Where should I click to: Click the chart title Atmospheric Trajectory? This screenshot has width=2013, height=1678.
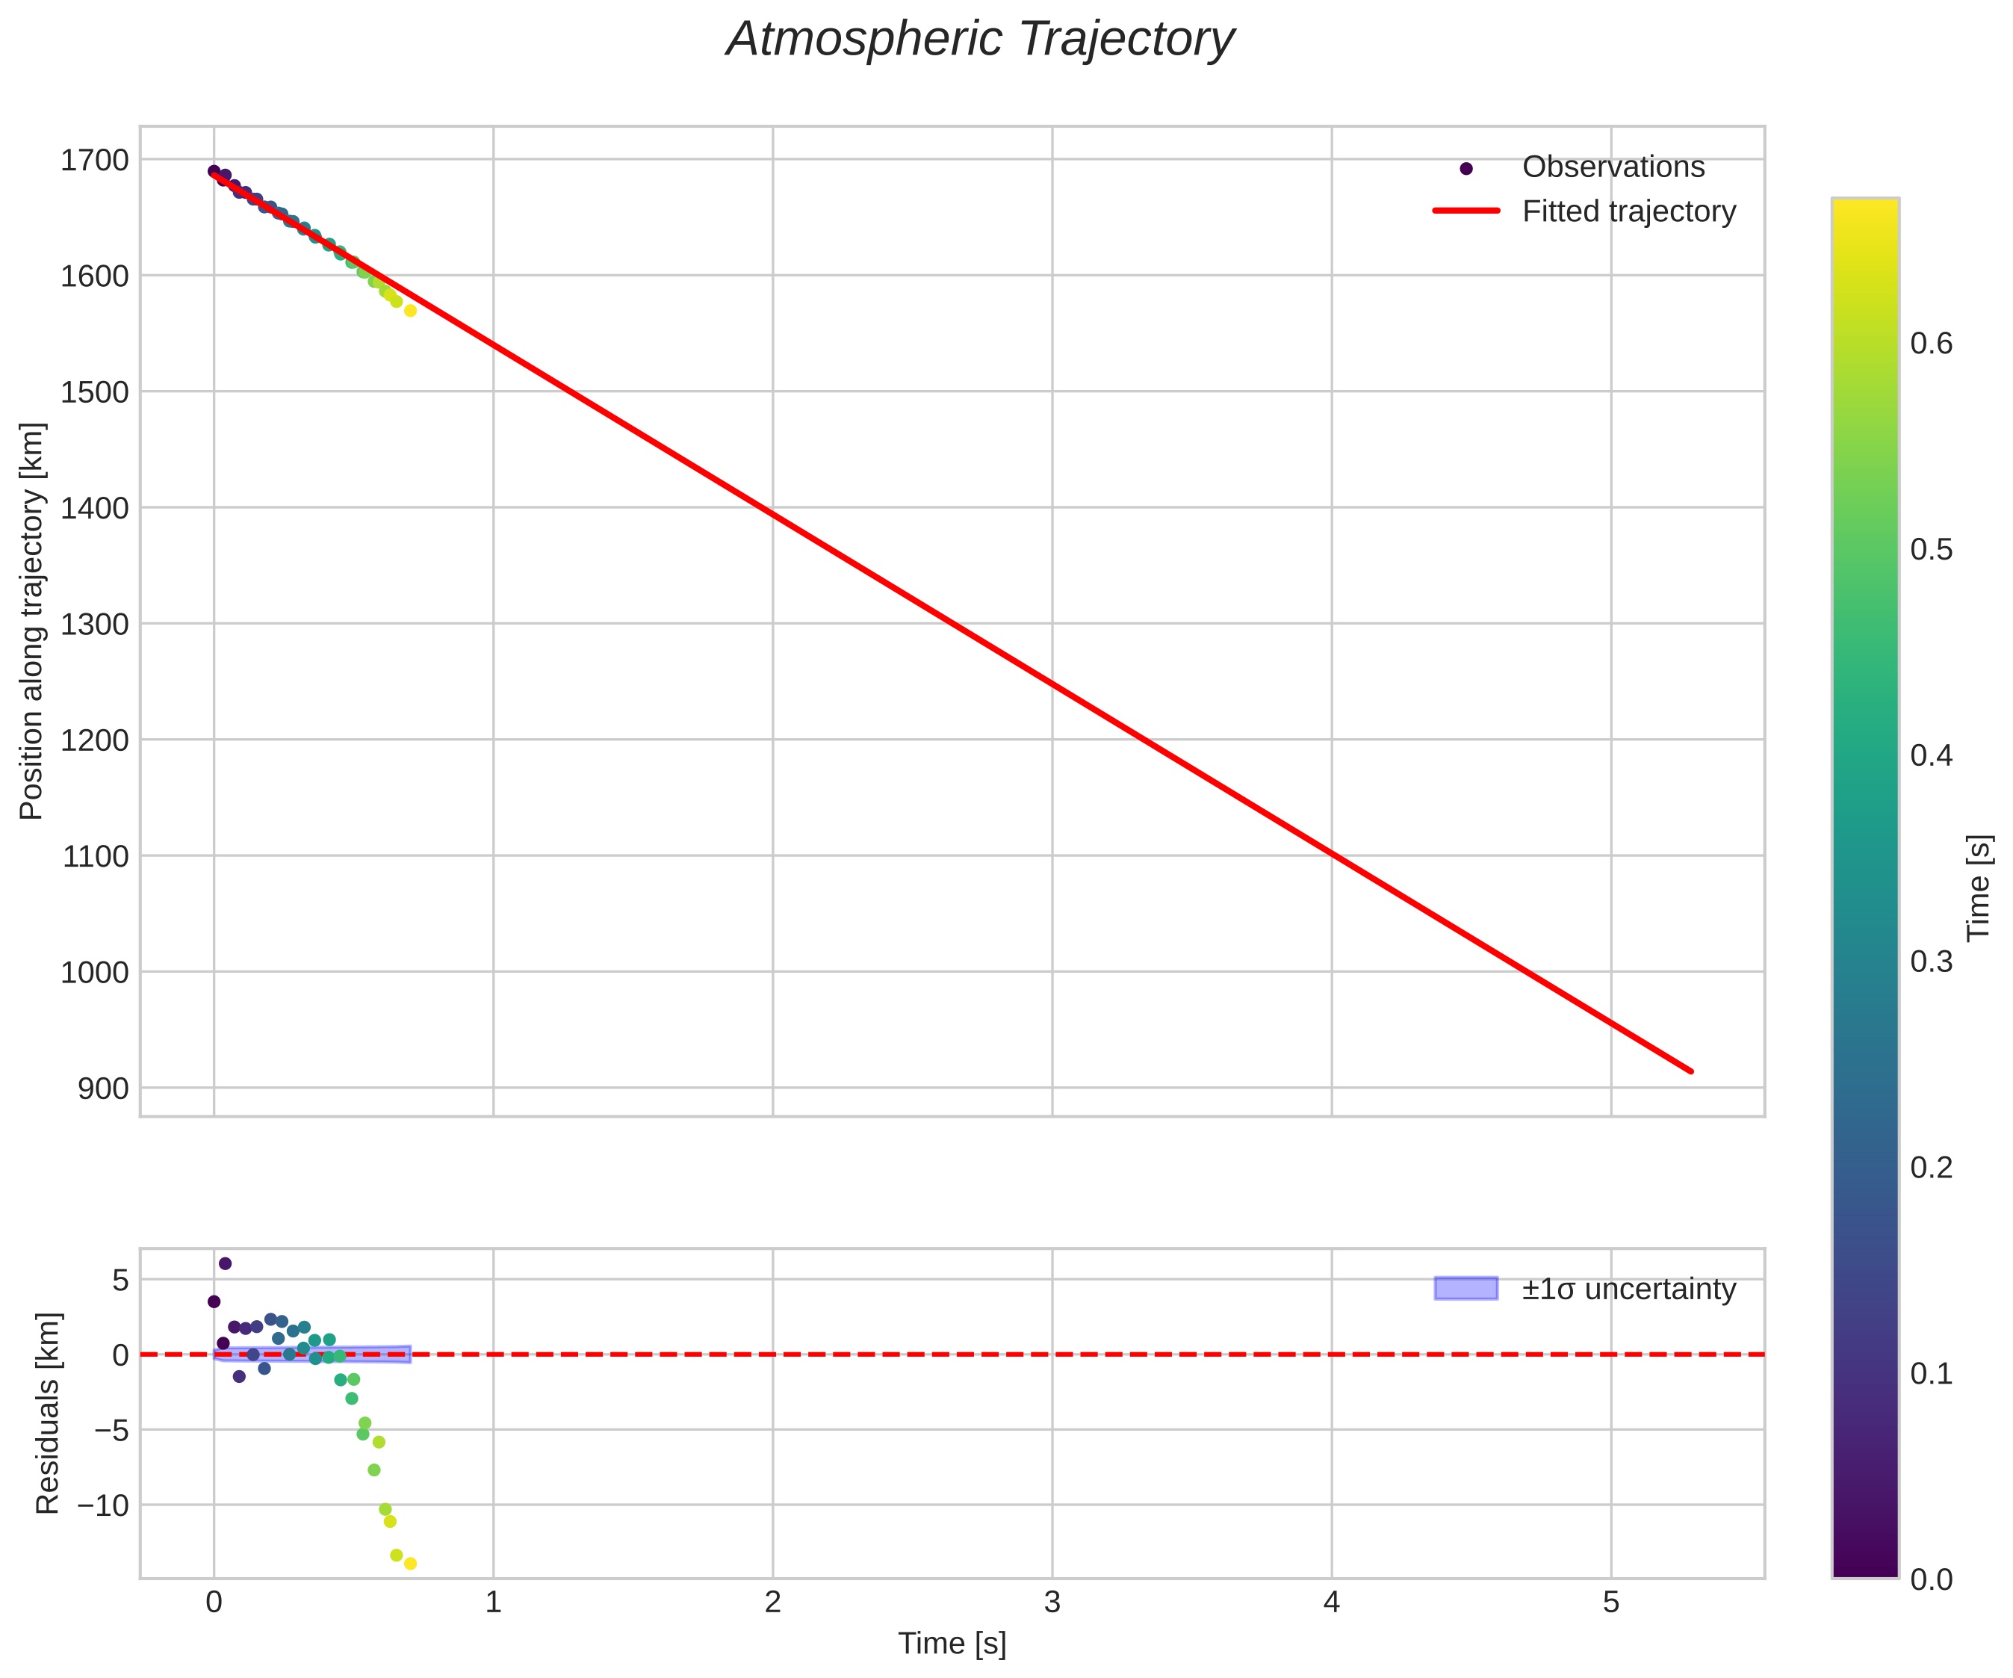[980, 40]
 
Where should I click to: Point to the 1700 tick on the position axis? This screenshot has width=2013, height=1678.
[94, 160]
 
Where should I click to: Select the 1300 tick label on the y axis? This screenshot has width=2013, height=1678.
[94, 625]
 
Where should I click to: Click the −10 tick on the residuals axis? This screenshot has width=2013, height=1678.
[102, 1505]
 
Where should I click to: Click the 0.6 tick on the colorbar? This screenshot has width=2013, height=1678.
[1932, 343]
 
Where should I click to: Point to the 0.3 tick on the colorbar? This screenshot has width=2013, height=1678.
[1932, 962]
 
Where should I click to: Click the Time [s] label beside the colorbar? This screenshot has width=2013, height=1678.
[1979, 888]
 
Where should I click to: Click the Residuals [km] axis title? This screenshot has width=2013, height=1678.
[47, 1414]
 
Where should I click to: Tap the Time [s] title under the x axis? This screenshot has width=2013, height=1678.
[952, 1644]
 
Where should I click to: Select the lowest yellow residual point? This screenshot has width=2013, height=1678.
[410, 1564]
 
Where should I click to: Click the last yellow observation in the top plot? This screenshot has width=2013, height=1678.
[410, 311]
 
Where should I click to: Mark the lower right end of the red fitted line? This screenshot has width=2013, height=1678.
[1691, 1071]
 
